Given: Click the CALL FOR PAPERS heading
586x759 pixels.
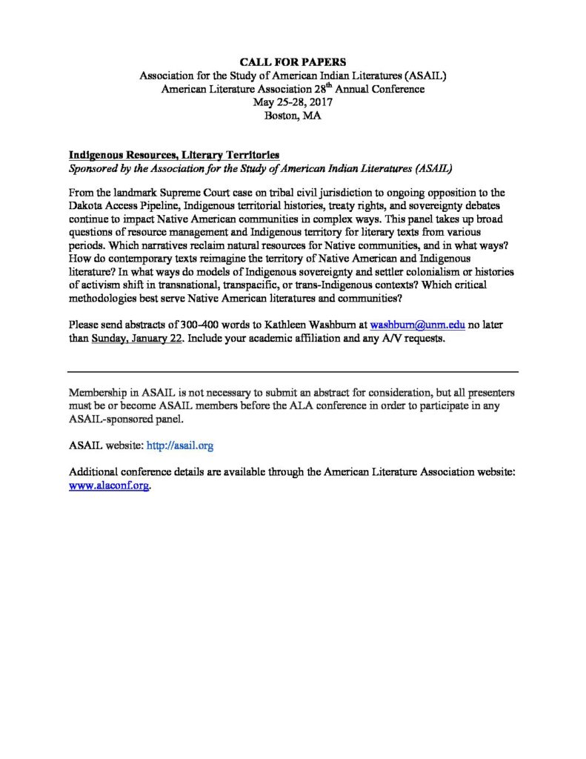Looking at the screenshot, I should pyautogui.click(x=293, y=62).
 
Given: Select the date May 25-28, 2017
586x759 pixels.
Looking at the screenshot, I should pyautogui.click(x=293, y=102).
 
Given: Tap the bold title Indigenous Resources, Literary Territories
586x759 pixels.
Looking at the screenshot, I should pyautogui.click(x=174, y=155).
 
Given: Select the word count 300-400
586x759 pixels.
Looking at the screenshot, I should pyautogui.click(x=200, y=324).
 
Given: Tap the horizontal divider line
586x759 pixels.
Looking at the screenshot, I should pyautogui.click(x=293, y=371).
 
